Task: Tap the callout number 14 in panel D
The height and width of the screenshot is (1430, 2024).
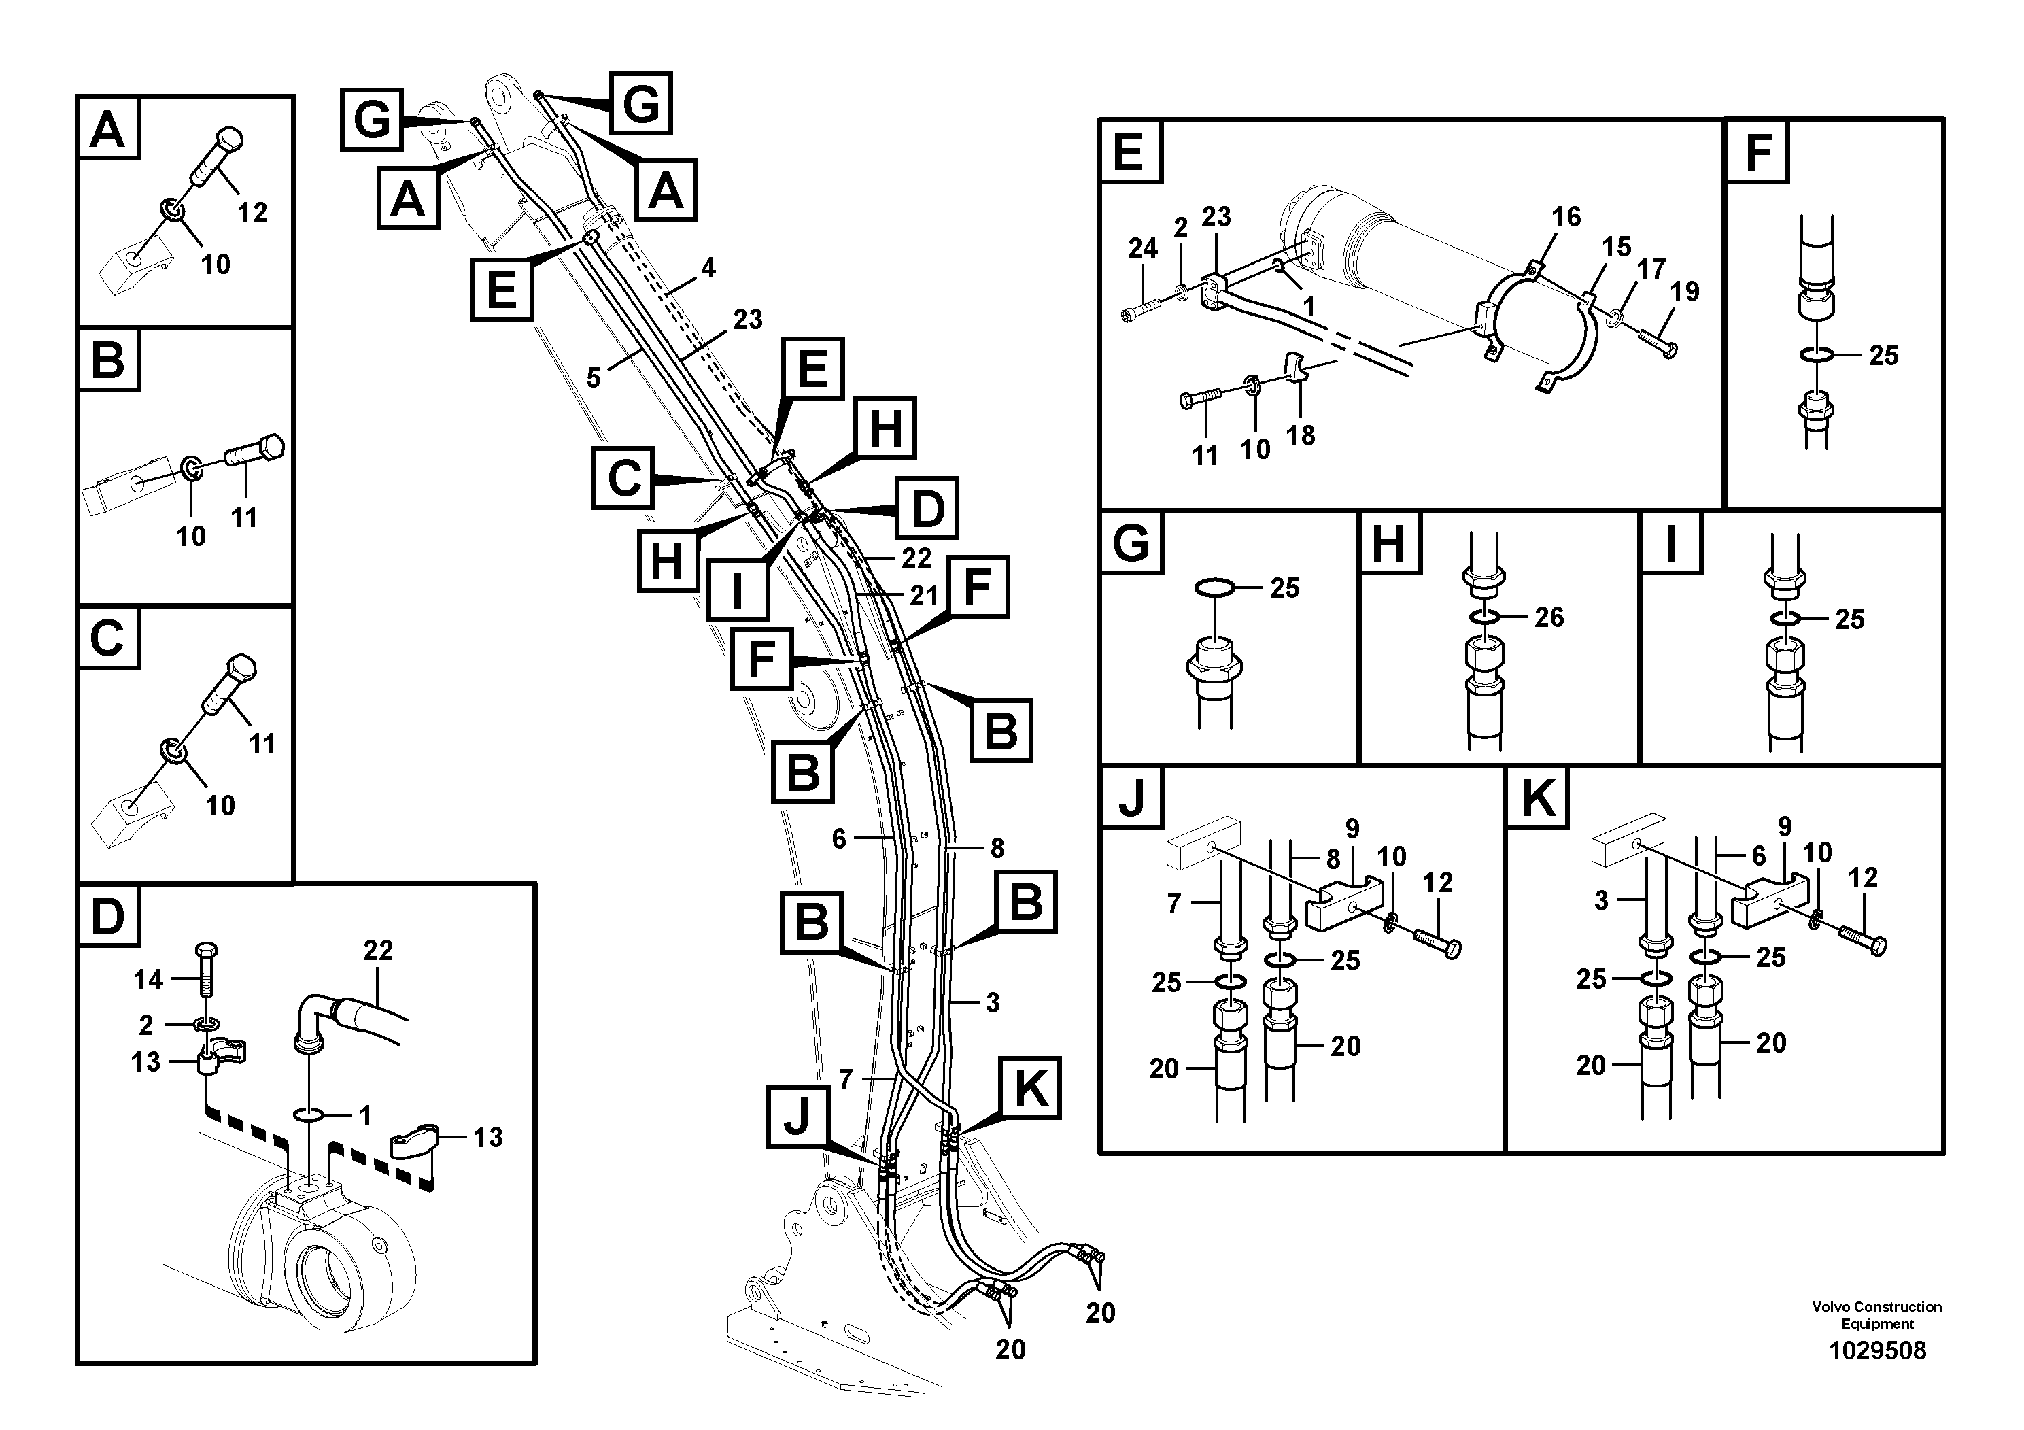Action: coord(148,979)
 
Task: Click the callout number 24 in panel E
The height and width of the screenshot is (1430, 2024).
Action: coord(1142,249)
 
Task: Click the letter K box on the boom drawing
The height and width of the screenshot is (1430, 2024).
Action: coord(1029,1087)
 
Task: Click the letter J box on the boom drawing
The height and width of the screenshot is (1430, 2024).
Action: coord(797,1117)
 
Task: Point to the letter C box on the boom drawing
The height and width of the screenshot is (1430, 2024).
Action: coord(623,478)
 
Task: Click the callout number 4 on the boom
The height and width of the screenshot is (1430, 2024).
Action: coord(708,268)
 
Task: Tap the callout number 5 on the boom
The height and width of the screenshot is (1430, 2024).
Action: coord(594,378)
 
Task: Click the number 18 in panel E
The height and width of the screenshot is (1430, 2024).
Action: coord(1300,435)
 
